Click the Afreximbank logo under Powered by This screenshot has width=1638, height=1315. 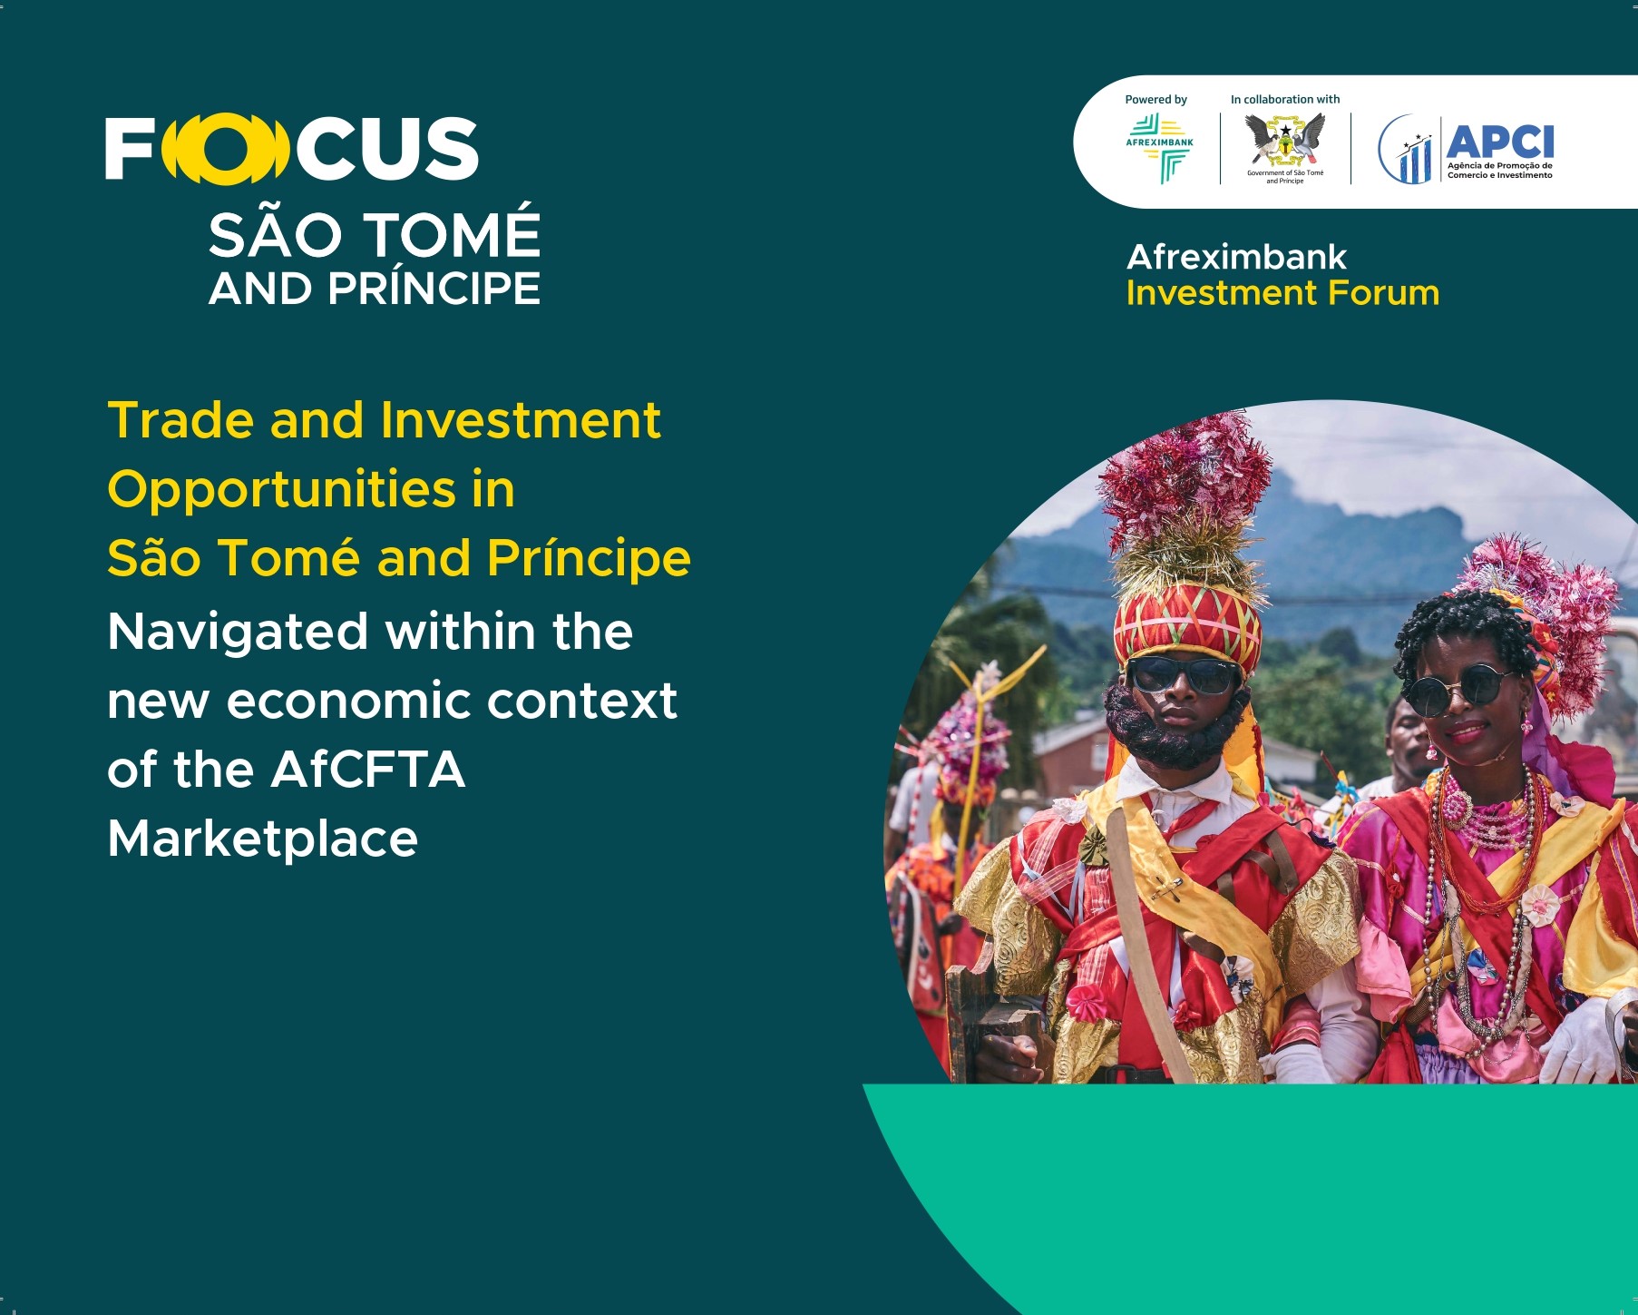(x=1160, y=148)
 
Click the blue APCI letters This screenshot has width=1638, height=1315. (x=1500, y=142)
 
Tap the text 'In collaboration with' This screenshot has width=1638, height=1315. (x=1285, y=99)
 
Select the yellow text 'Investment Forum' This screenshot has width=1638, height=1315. (x=1282, y=293)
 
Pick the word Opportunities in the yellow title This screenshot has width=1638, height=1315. (x=282, y=490)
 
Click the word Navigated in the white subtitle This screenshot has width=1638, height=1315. (x=238, y=633)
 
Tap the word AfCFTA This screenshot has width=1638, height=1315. (x=367, y=770)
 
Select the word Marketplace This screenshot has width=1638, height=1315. (x=263, y=839)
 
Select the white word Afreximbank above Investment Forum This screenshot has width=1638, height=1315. (x=1236, y=257)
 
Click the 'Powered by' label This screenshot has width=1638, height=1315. (x=1155, y=100)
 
